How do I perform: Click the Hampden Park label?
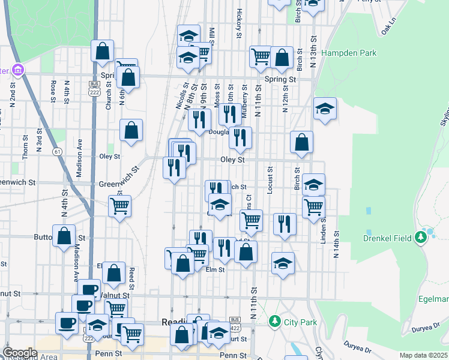pos(348,53)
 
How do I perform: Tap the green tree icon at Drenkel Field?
pos(421,238)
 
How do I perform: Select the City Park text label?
pos(300,322)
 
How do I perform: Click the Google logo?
pos(20,353)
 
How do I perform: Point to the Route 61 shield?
pos(57,152)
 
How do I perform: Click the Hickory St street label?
pos(239,23)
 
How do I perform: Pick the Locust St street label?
pos(270,180)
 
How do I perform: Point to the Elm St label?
pos(215,270)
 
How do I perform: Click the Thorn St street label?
pos(25,146)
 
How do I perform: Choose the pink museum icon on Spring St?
pos(17,70)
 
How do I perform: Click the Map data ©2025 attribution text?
pos(424,355)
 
